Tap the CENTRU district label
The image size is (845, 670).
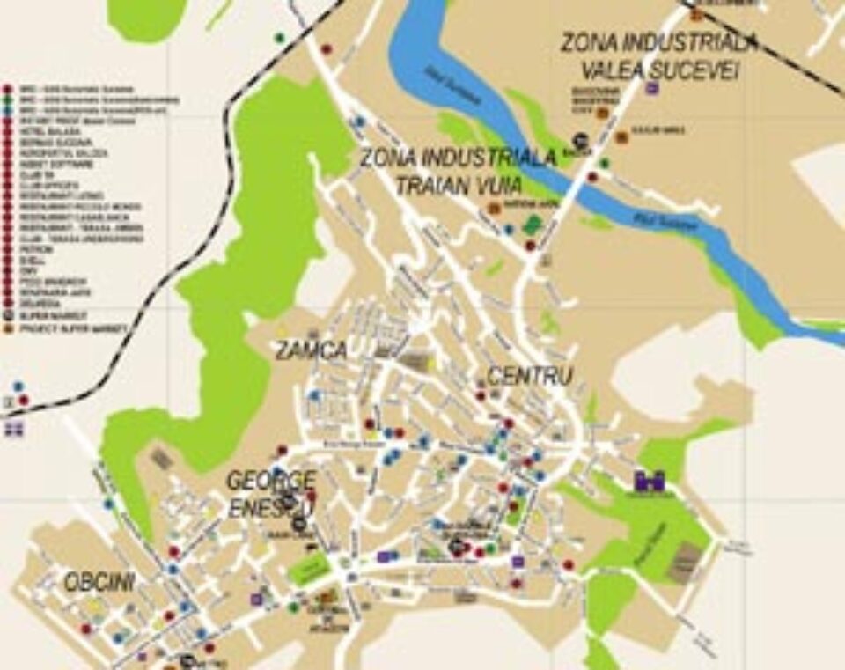(x=530, y=376)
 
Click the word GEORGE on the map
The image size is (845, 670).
(x=270, y=481)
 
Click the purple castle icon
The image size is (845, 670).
(x=650, y=481)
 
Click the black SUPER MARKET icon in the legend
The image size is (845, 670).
(x=8, y=314)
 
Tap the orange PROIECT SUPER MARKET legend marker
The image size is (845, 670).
(x=8, y=326)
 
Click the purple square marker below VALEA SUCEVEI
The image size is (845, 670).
(x=651, y=88)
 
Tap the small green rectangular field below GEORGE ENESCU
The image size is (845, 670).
(x=309, y=570)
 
